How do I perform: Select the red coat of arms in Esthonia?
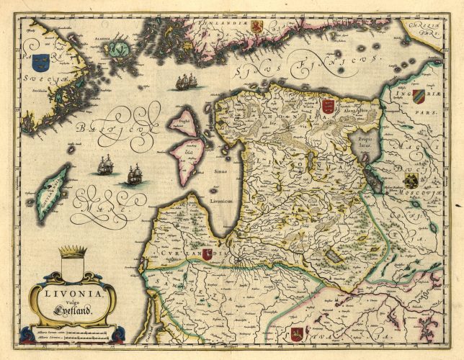[328, 107]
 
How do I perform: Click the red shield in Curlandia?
[208, 254]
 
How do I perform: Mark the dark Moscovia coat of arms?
[411, 179]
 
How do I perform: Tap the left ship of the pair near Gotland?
[105, 165]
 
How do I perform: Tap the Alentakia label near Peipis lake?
[357, 112]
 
